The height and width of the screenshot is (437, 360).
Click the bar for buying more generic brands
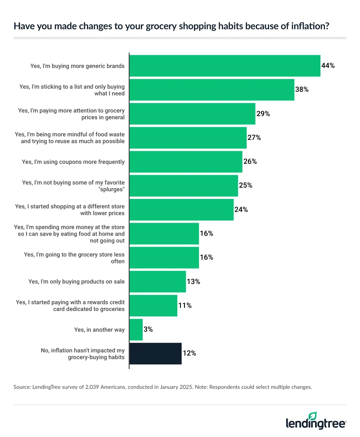pyautogui.click(x=225, y=66)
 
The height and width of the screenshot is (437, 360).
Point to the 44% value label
pyautogui.click(x=328, y=66)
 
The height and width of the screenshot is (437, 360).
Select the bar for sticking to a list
pyautogui.click(x=211, y=90)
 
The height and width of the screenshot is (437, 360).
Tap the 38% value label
pyautogui.click(x=301, y=90)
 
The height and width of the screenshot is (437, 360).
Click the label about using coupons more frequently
pyautogui.click(x=73, y=162)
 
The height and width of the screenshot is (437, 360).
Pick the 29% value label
pyautogui.click(x=263, y=114)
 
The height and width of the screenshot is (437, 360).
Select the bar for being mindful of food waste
pyautogui.click(x=188, y=138)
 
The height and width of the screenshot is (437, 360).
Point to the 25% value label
pyautogui.click(x=245, y=185)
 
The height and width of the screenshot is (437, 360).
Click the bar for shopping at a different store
pyautogui.click(x=181, y=210)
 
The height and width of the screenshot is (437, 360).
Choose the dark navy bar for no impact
pyautogui.click(x=155, y=353)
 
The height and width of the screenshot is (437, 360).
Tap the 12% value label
pyautogui.click(x=189, y=353)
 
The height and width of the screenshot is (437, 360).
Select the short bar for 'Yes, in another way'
pyautogui.click(x=136, y=329)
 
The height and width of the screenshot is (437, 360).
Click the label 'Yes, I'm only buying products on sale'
pyautogui.click(x=76, y=282)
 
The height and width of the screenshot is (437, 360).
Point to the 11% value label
pyautogui.click(x=185, y=306)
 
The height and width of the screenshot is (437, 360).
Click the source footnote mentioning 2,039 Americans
pyautogui.click(x=162, y=386)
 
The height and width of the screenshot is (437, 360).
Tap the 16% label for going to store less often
pyautogui.click(x=207, y=257)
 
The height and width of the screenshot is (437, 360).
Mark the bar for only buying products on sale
pyautogui.click(x=157, y=282)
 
